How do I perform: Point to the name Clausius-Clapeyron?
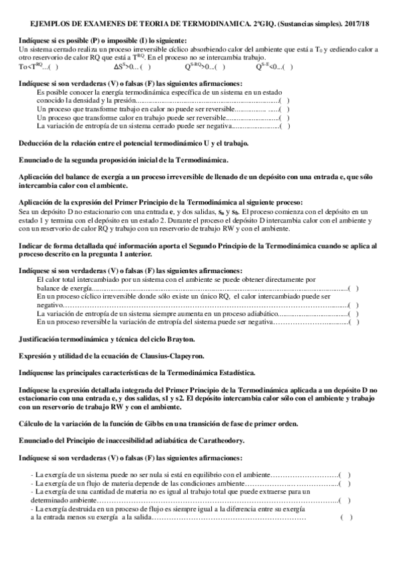click(x=180, y=356)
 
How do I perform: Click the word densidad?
click(x=81, y=100)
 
